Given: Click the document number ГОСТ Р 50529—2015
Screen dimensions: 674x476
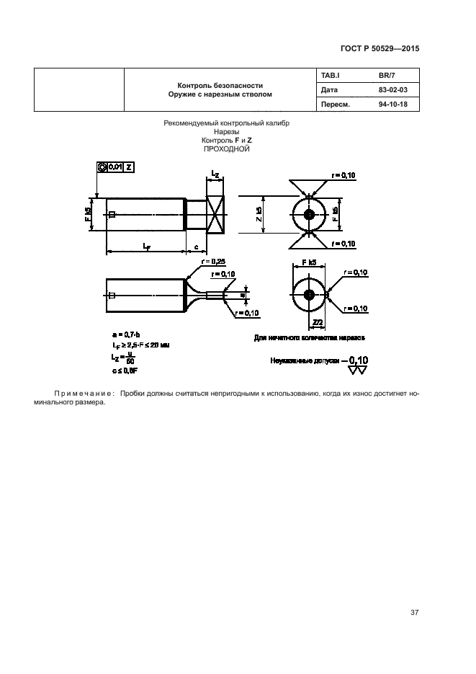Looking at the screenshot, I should [378, 48].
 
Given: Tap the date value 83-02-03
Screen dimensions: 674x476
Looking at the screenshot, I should [392, 90].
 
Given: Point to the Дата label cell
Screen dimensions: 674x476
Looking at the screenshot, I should [329, 90].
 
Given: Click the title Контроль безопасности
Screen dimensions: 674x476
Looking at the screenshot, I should [220, 84].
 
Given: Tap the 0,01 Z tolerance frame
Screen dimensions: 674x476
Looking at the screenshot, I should [114, 167].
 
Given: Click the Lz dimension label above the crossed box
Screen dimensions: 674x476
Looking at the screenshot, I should [215, 175].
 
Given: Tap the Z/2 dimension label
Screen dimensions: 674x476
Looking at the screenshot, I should [317, 322].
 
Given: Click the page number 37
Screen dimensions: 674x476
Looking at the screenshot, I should [414, 613].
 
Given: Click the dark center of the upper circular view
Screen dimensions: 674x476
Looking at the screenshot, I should [309, 215].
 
